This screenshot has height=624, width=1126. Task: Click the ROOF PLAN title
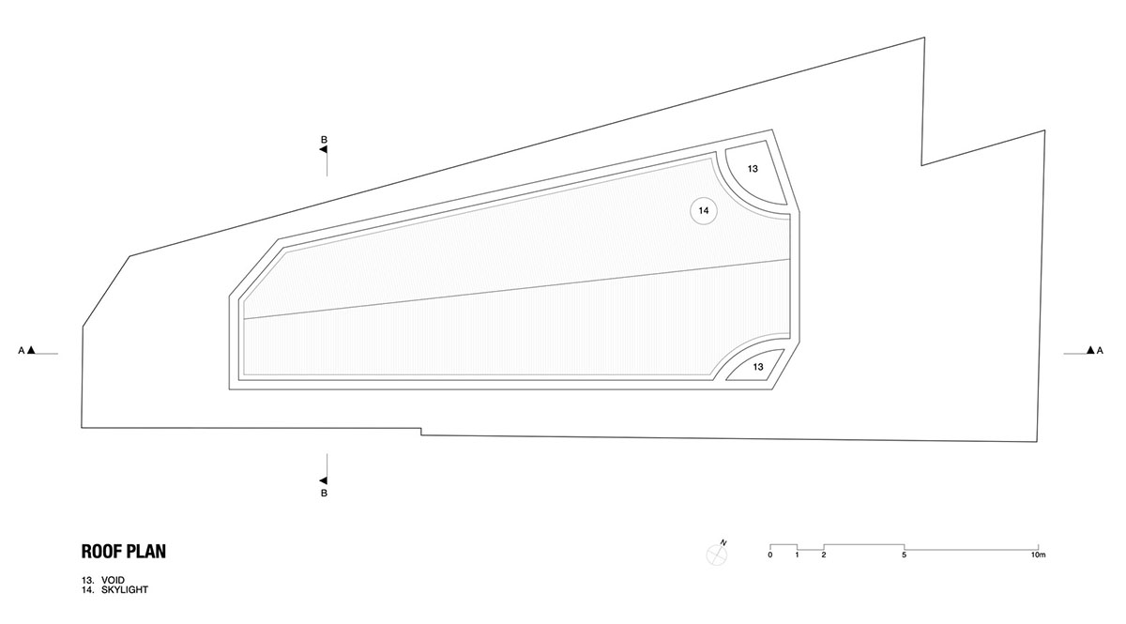pos(124,552)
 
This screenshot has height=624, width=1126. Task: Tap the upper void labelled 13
pos(753,169)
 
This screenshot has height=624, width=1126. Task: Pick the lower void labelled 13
pos(758,367)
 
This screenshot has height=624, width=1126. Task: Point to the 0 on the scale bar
pos(770,556)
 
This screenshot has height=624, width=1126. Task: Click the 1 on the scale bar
pos(797,556)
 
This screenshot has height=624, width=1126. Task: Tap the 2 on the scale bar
pos(824,556)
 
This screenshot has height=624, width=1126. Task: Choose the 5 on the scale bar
pos(904,556)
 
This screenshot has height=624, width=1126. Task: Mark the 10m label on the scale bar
pos(1038,556)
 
